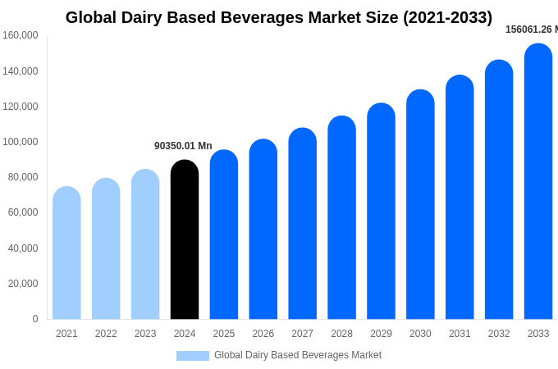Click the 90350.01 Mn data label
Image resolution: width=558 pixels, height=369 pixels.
click(x=183, y=146)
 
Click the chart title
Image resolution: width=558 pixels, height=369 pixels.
click(x=279, y=17)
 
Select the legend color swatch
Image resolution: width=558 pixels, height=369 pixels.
click(x=193, y=355)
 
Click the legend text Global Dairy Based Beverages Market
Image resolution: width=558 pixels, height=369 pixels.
click(x=298, y=355)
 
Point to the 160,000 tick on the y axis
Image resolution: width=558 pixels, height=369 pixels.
click(x=21, y=35)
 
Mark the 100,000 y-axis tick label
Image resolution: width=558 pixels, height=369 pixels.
click(x=21, y=142)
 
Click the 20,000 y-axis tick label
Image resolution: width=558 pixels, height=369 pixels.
click(x=23, y=284)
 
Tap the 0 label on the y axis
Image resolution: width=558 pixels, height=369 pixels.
click(x=35, y=319)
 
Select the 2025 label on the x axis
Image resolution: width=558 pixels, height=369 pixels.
click(x=224, y=334)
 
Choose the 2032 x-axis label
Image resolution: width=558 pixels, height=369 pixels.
click(x=499, y=334)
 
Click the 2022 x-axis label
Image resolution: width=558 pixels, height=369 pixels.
click(x=106, y=334)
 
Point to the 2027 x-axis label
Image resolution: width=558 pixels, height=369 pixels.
click(x=302, y=334)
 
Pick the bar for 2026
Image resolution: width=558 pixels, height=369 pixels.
click(x=263, y=230)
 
